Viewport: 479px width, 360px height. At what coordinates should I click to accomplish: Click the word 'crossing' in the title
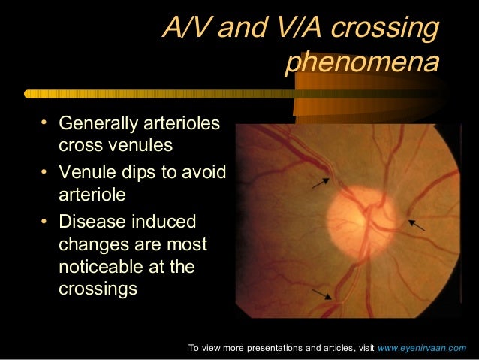pos(385,29)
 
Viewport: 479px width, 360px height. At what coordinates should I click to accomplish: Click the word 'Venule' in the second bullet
pos(86,172)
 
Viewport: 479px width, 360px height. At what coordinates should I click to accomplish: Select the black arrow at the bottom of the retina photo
pos(322,292)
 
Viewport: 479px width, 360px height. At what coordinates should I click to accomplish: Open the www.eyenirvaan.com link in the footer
pos(422,349)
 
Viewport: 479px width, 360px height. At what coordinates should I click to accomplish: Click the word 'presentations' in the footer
pos(261,349)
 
